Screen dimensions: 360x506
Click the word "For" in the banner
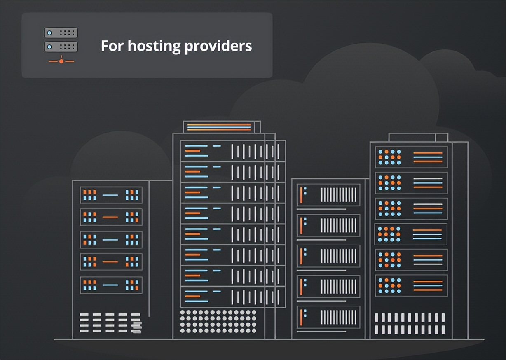click(x=112, y=46)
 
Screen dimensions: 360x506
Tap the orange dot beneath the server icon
click(x=61, y=61)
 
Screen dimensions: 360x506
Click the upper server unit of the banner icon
click(x=61, y=33)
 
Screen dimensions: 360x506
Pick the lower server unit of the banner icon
click(x=61, y=47)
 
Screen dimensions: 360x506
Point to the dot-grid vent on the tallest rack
click(x=218, y=321)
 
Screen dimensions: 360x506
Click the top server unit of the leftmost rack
click(x=111, y=195)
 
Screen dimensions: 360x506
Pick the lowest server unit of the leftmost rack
click(x=111, y=285)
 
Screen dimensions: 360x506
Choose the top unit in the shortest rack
click(x=328, y=195)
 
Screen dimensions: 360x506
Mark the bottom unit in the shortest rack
click(x=328, y=317)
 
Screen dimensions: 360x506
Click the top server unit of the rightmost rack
click(x=411, y=157)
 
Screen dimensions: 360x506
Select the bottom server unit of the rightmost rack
click(x=411, y=285)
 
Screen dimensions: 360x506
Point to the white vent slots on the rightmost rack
click(x=410, y=323)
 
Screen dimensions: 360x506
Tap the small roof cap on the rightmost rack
click(x=418, y=137)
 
